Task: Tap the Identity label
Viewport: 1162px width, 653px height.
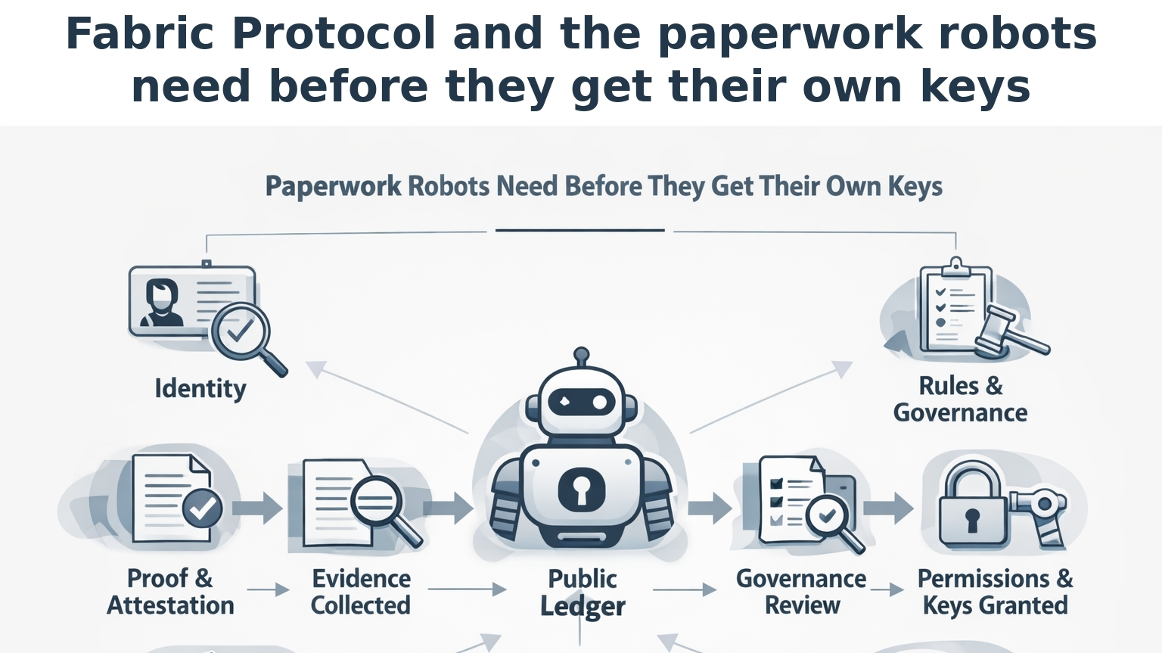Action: pyautogui.click(x=200, y=389)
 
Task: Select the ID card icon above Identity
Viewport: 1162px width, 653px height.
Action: pyautogui.click(x=192, y=301)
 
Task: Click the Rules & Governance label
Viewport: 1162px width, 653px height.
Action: pyautogui.click(x=960, y=400)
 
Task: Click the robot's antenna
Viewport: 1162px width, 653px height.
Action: pyautogui.click(x=581, y=357)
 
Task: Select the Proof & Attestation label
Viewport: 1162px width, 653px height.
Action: pyautogui.click(x=170, y=592)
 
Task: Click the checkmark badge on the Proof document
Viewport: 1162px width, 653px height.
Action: pyautogui.click(x=202, y=508)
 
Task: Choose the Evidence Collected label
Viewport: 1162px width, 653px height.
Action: pyautogui.click(x=361, y=592)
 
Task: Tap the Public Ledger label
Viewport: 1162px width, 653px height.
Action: pyautogui.click(x=582, y=592)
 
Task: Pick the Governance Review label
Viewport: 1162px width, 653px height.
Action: pyautogui.click(x=801, y=592)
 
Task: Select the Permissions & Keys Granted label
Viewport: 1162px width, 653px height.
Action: pyautogui.click(x=995, y=592)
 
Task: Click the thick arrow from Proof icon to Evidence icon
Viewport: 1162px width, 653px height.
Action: pyautogui.click(x=259, y=507)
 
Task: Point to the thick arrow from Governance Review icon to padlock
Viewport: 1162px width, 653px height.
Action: pyautogui.click(x=888, y=507)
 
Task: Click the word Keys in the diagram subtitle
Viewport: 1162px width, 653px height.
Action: pyautogui.click(x=914, y=186)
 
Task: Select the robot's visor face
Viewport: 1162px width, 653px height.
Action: pyautogui.click(x=581, y=402)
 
